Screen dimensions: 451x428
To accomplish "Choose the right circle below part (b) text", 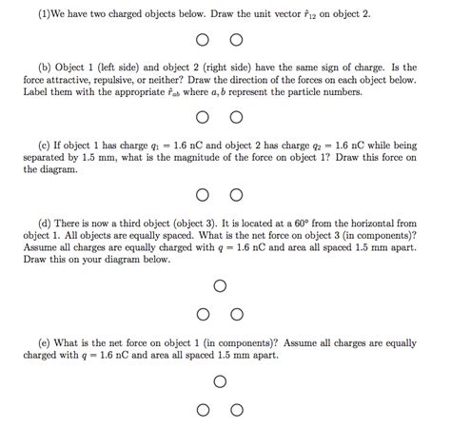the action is click(x=237, y=118).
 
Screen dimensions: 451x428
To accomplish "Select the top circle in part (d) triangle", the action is click(x=220, y=284).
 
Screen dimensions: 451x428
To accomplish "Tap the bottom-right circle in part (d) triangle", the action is click(x=237, y=313).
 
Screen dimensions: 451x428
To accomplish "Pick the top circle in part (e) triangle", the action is click(x=220, y=382).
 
